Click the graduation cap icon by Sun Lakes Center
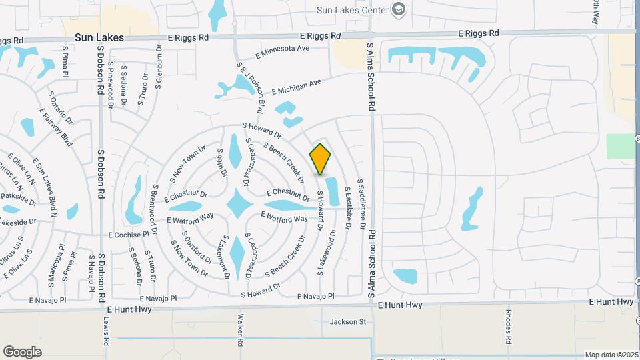tap(399, 9)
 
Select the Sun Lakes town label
tap(99, 38)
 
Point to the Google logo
tap(22, 351)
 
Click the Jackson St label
tap(348, 322)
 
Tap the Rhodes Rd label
tap(508, 323)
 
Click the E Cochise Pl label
tap(129, 235)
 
